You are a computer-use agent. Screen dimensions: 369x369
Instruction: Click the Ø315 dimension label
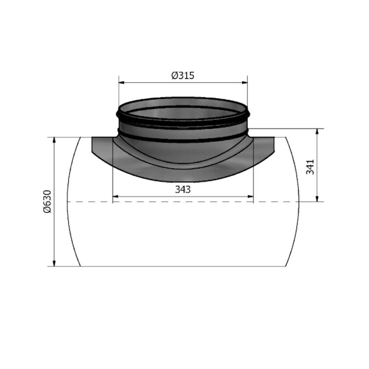tap(183, 76)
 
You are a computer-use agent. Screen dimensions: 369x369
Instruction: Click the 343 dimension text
tap(183, 190)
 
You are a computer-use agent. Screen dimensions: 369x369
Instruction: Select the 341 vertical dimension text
tap(310, 167)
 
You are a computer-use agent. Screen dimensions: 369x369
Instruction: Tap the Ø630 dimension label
tap(47, 202)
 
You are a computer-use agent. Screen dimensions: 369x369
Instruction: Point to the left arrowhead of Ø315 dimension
tap(121, 82)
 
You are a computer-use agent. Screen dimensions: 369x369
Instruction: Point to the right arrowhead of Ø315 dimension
tap(245, 82)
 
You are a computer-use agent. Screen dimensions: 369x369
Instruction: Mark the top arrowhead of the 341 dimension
tap(318, 131)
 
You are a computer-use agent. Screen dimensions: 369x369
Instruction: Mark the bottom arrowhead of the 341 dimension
tap(318, 199)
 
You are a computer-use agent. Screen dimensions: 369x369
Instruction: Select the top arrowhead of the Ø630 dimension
tap(54, 140)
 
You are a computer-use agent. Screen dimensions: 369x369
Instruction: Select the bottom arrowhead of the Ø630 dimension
tap(54, 264)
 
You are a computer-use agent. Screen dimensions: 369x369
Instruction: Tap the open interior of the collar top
tap(183, 112)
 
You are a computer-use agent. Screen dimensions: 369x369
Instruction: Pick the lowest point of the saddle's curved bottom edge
tap(183, 181)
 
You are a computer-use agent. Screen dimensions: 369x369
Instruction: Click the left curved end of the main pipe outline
tap(68, 202)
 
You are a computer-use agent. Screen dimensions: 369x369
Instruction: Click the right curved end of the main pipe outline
tap(299, 202)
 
